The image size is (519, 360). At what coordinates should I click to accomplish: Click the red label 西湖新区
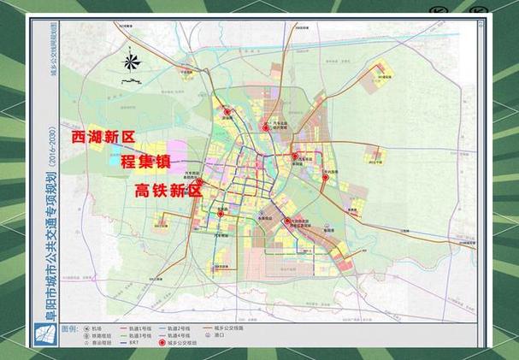(x=103, y=136)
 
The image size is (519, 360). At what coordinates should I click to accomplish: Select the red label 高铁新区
(x=169, y=192)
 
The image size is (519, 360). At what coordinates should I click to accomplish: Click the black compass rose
(x=131, y=62)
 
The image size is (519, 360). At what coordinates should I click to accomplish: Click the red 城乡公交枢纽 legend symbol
(x=183, y=344)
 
